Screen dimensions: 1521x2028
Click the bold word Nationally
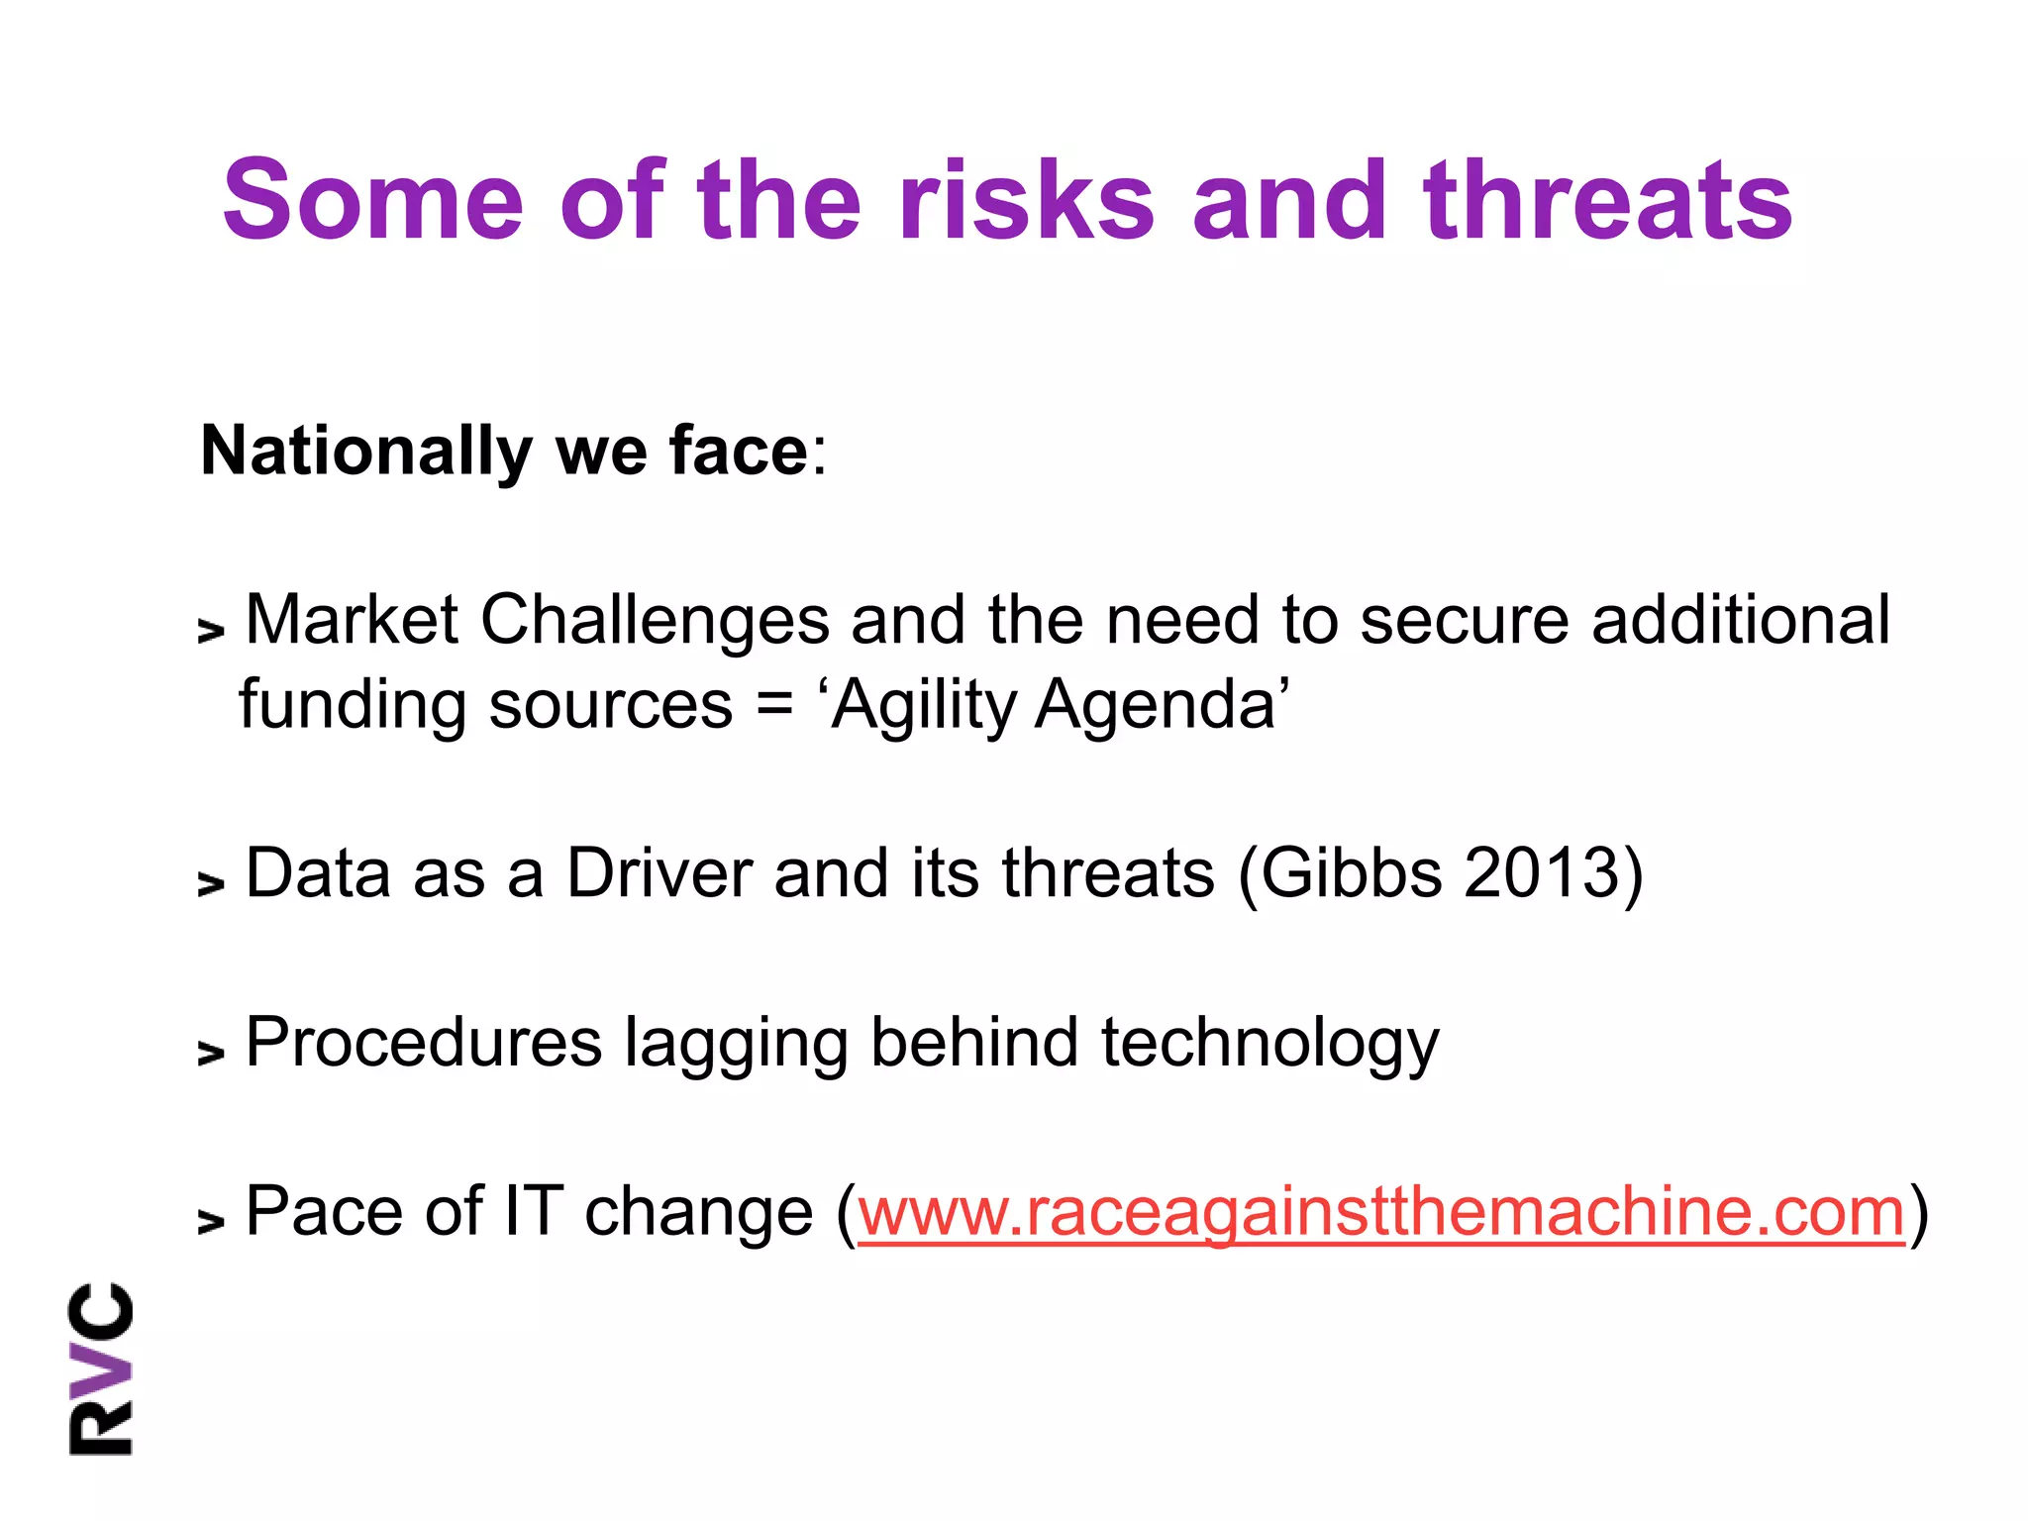[x=366, y=452]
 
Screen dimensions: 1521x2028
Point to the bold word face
[x=739, y=452]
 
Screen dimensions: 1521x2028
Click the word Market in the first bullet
[x=352, y=620]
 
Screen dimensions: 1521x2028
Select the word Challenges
[x=655, y=620]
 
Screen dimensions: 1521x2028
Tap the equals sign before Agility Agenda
[x=774, y=705]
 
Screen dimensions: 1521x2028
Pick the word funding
[x=352, y=705]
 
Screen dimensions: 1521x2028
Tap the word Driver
[x=659, y=873]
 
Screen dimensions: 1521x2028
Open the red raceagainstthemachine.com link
[x=1381, y=1212]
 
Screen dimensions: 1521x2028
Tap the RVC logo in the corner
[x=100, y=1369]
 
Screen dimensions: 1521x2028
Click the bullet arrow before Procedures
[x=211, y=1053]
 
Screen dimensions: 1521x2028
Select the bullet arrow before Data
[x=211, y=883]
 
